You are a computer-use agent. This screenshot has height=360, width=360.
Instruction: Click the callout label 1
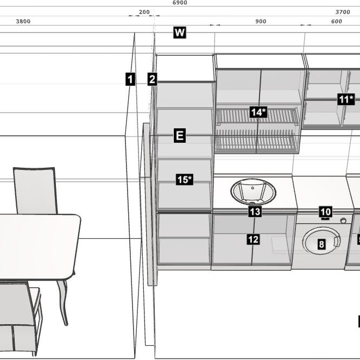coord(130,79)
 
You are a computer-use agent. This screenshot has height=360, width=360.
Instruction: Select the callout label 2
coord(152,79)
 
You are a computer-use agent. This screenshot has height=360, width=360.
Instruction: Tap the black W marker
coord(180,33)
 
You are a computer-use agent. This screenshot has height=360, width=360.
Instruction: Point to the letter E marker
coord(180,135)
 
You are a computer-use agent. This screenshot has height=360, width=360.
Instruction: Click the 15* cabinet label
coord(185,180)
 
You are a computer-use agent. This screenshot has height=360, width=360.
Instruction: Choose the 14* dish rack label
coord(258,112)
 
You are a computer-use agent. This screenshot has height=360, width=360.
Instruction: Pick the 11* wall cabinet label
coord(346,99)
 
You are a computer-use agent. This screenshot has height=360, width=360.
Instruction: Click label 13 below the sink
coord(255,211)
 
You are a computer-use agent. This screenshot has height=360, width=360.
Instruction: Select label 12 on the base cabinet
coord(253,239)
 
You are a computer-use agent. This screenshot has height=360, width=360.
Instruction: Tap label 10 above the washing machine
coord(326,212)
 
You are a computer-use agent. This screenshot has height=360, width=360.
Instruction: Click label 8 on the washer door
coord(321,244)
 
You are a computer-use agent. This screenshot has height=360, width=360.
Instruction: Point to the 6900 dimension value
coord(180,3)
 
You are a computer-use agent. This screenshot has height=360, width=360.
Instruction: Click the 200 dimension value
coord(144,12)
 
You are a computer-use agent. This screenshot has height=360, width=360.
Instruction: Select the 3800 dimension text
coord(23,21)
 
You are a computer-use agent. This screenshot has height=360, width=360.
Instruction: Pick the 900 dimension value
coord(261,21)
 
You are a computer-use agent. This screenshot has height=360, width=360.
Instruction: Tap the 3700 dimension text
coord(343,12)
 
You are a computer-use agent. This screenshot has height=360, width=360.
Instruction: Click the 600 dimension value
coord(337,21)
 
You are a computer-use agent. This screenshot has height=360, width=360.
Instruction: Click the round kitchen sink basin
coord(253,192)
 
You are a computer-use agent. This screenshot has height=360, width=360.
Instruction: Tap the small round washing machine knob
coord(343,220)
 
